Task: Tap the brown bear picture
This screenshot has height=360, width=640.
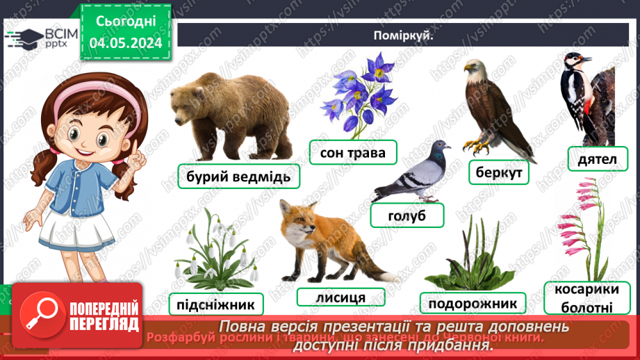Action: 231,114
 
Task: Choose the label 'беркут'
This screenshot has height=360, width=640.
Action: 499,172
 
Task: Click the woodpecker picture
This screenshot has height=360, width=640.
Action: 591,97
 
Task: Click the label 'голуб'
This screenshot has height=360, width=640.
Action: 407,216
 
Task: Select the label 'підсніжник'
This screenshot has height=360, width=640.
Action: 215,304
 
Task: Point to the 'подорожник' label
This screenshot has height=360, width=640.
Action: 473,303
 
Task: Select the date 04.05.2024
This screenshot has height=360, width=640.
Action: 126,43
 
